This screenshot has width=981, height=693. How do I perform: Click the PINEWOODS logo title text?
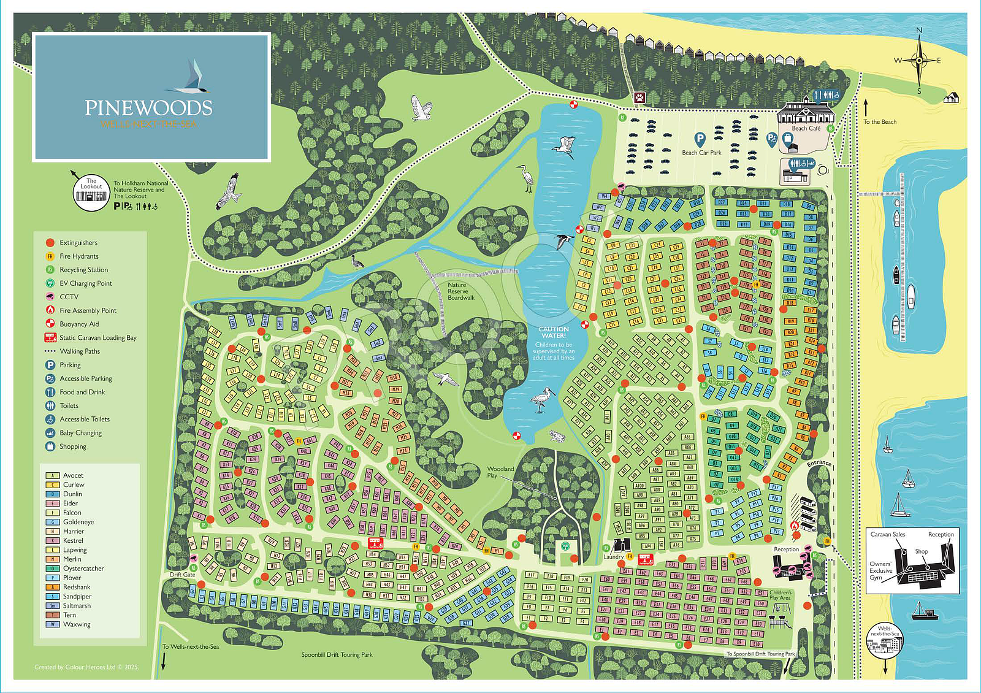pos(148,108)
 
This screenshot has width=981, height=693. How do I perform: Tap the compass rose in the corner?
pos(918,60)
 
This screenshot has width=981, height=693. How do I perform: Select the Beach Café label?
pos(805,128)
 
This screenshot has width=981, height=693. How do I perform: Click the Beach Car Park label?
pos(701,153)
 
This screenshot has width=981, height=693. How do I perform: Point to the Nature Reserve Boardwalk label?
pos(460,291)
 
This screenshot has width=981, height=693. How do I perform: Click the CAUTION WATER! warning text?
pos(553,332)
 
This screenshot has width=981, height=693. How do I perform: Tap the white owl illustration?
pos(421,109)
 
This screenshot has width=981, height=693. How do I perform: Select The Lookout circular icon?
pos(91,193)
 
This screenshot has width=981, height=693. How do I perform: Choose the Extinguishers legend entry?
pos(78,243)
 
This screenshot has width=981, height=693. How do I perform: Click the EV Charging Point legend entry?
pos(85,283)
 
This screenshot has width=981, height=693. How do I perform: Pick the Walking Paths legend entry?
pos(79,351)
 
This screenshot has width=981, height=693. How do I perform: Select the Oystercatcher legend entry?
pos(83,569)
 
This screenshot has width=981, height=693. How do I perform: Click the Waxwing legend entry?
pos(76,624)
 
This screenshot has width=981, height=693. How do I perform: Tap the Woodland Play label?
pos(500,472)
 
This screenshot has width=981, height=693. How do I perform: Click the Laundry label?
pos(613,557)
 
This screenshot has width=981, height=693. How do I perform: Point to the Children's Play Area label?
pos(780,595)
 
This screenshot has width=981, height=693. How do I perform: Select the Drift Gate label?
pos(182,575)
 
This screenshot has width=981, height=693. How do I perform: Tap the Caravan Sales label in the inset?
pos(887,534)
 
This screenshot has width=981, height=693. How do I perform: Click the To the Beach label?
pos(880,122)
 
